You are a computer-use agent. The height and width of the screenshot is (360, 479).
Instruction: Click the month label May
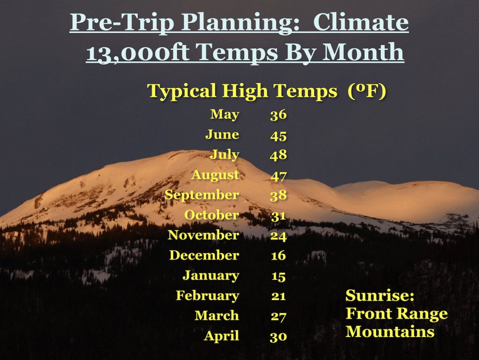pos(225,115)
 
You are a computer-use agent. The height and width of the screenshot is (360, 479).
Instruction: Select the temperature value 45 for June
pos(278,136)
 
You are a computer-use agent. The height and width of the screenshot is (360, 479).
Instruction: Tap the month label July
pos(225,155)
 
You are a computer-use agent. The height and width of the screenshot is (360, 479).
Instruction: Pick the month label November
pos(203,235)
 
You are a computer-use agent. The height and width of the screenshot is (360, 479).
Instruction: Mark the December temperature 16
pos(278,256)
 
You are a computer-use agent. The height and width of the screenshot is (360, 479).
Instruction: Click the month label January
pos(211,276)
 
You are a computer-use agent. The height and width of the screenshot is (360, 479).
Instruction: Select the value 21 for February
pos(278,296)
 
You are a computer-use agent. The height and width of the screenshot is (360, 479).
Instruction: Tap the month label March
pos(217,316)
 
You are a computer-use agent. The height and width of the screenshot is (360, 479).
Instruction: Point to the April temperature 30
pos(278,337)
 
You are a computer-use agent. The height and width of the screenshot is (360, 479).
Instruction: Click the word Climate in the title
pos(361,22)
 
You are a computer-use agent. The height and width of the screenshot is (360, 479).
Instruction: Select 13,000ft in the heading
pos(137,52)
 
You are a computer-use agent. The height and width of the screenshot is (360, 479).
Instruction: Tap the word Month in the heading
pos(363,51)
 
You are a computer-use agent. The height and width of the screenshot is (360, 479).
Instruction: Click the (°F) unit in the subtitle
pos(367,91)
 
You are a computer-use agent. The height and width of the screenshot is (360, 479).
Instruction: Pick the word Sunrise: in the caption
pos(380,295)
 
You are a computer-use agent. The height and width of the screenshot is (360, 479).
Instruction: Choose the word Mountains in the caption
pos(390,332)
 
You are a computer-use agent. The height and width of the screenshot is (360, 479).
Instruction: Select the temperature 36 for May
pos(278,115)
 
